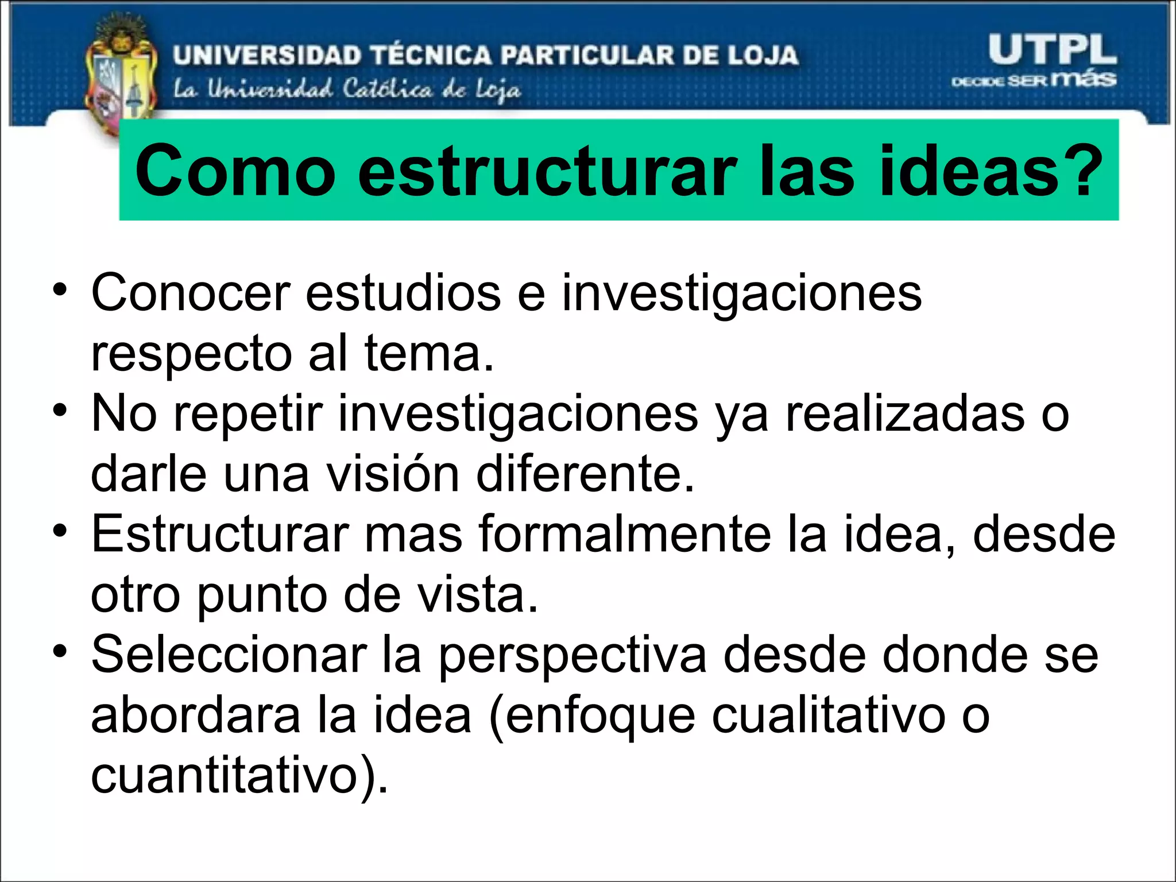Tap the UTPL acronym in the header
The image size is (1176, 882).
pos(1052,51)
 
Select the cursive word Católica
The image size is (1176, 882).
pos(388,90)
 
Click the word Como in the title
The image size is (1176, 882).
pos(235,171)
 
